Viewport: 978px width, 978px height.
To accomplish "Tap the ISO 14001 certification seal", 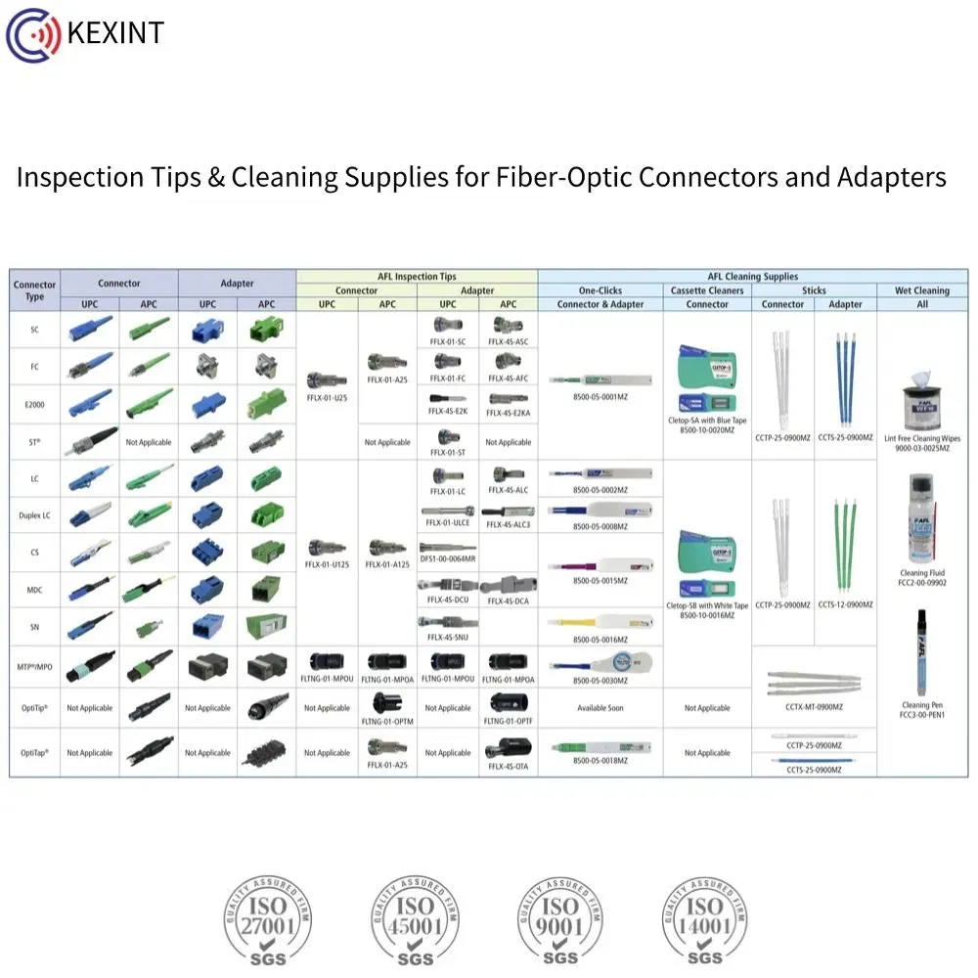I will (705, 919).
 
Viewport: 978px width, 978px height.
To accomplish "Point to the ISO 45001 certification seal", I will (415, 919).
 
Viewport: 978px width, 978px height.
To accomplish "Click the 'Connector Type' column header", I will (34, 290).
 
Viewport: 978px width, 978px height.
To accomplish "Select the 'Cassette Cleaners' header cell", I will (707, 290).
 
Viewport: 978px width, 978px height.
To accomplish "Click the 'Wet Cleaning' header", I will (921, 290).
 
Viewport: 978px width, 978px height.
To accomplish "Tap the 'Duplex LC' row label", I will (34, 515).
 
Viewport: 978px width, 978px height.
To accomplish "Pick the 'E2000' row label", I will (34, 404).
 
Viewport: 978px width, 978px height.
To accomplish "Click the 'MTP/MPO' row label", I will (34, 667).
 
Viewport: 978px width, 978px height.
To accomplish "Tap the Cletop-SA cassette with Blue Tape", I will (707, 377).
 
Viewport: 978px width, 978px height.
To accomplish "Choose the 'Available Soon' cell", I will (600, 708).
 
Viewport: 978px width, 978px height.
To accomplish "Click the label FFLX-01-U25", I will (327, 399).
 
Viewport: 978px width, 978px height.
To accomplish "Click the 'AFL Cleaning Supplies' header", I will (752, 277).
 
